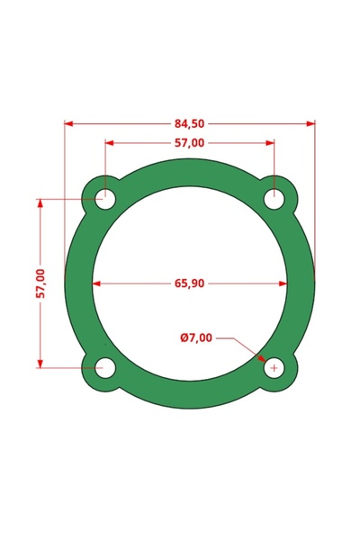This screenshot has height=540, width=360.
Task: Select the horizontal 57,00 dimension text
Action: pyautogui.click(x=189, y=142)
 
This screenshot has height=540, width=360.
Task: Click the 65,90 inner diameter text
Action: pyautogui.click(x=189, y=283)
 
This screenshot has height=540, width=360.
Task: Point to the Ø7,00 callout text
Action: pyautogui.click(x=196, y=338)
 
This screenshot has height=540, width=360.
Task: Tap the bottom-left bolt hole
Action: pyautogui.click(x=105, y=367)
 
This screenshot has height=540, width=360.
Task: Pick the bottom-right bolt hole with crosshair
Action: pyautogui.click(x=274, y=367)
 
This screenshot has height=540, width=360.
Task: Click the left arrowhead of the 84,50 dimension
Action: pyautogui.click(x=69, y=124)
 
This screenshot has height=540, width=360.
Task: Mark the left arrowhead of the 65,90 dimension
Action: pyautogui.click(x=97, y=283)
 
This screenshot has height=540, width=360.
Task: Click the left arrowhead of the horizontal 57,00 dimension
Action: pyautogui.click(x=111, y=142)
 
